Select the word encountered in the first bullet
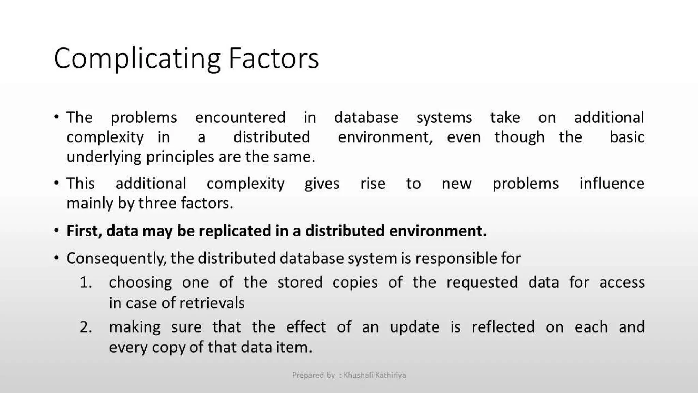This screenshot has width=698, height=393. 240,118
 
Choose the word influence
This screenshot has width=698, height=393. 612,184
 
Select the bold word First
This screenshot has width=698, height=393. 84,231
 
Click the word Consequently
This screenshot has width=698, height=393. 116,259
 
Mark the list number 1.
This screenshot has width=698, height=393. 86,282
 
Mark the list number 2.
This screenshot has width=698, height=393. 86,327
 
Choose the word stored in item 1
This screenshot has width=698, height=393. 300,282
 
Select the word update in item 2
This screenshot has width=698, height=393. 414,327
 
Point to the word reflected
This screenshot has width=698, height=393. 503,327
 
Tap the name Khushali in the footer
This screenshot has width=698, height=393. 358,375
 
